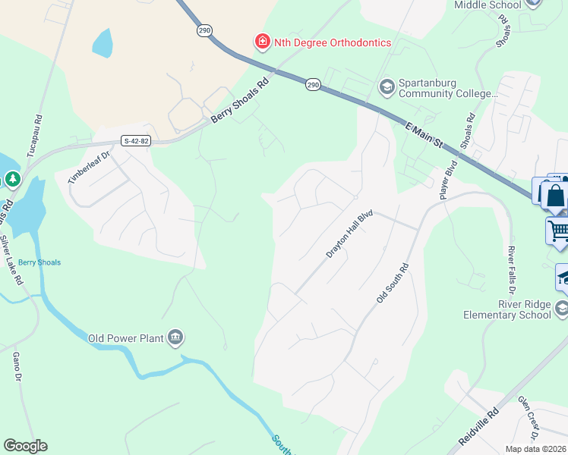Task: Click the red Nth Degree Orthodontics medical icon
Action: coord(262,42)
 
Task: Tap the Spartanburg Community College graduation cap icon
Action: coord(387,87)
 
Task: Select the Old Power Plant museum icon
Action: coord(175,337)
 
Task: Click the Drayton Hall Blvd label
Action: coord(351,234)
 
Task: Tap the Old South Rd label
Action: coord(393,283)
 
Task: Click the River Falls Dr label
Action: coord(512,270)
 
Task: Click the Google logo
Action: coord(25,446)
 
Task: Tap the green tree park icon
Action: coord(12,179)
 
